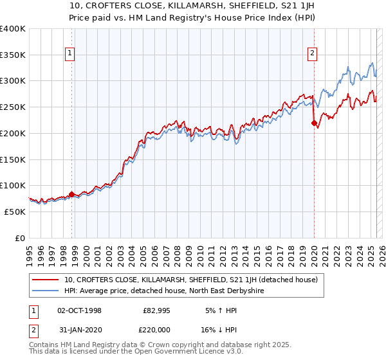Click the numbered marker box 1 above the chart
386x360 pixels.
69,54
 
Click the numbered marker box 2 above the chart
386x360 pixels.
313,54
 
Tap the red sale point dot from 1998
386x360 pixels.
71,194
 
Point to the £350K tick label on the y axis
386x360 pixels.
13,55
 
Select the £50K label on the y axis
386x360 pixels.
15,212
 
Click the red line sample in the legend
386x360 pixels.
46,280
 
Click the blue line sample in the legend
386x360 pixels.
46,291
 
